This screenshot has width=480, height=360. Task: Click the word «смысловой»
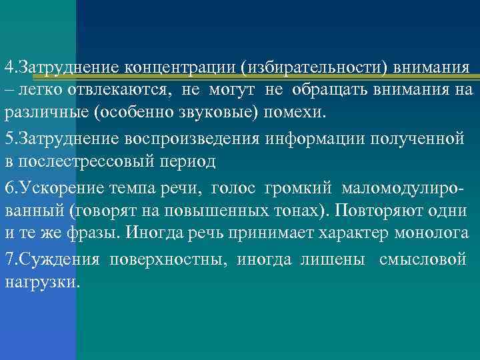coord(423,259)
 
